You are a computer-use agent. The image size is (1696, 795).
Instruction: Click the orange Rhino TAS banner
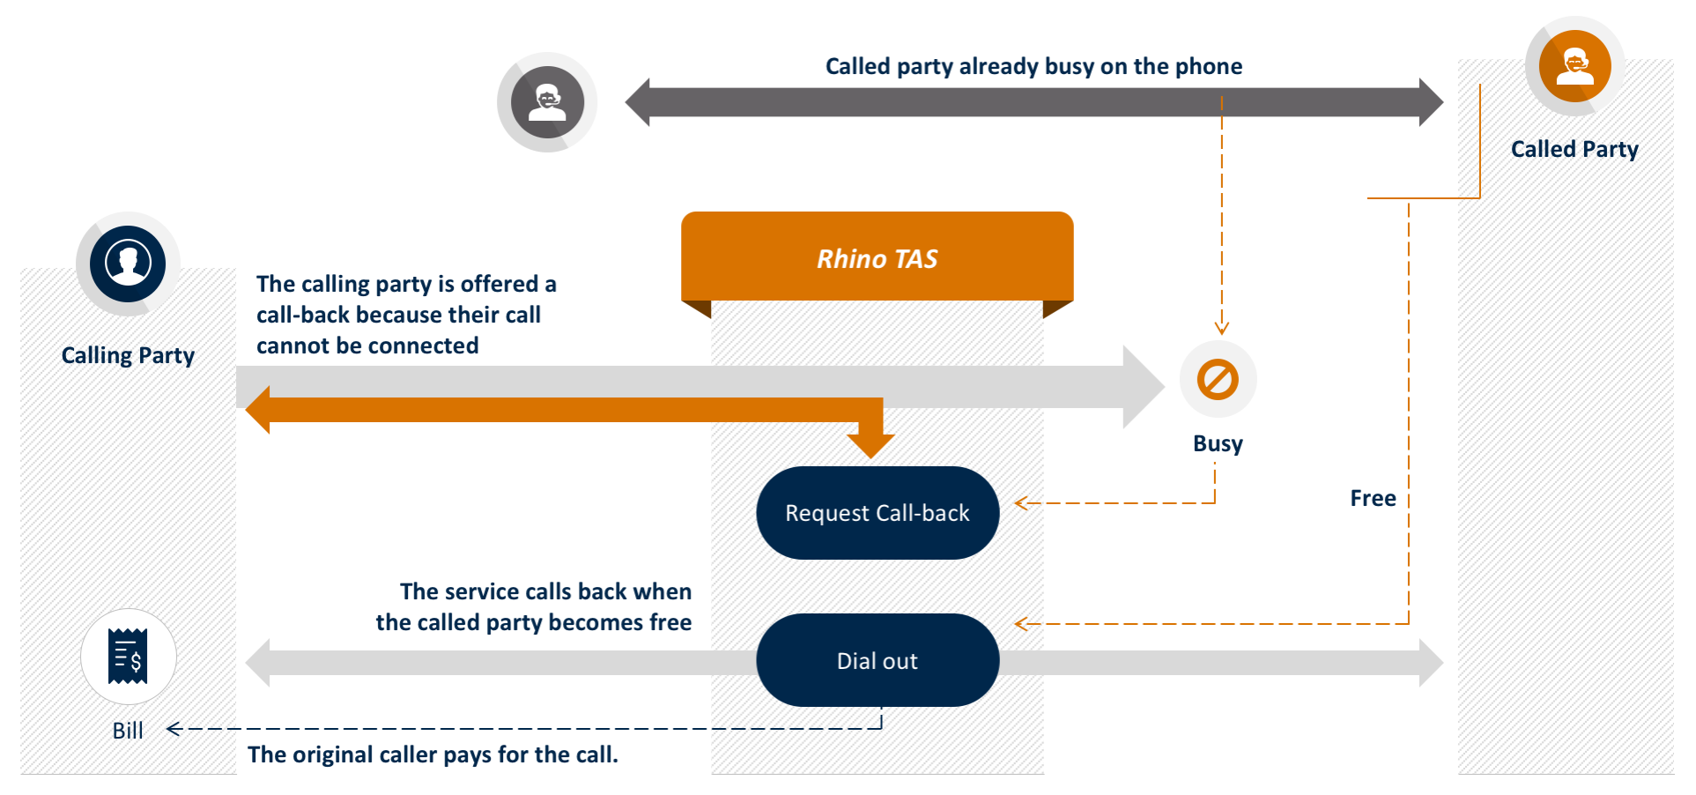coord(877,257)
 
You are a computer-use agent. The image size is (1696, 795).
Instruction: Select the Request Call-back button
coord(878,513)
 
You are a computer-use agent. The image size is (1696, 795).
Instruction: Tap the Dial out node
coord(878,660)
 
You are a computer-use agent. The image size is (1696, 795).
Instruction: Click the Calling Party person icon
coord(129,264)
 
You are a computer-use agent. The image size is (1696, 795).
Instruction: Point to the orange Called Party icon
coord(1574,66)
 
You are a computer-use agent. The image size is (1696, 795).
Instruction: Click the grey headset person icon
coord(547,102)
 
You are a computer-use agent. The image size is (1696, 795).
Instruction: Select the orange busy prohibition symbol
coord(1218,380)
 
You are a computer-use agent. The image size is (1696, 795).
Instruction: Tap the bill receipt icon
coord(129,657)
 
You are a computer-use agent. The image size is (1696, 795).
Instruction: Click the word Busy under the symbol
coord(1218,443)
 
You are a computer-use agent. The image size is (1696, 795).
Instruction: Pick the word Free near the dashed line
coord(1373,499)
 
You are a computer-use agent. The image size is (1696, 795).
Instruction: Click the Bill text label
coord(128,731)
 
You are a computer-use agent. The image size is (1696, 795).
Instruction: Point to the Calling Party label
coord(128,355)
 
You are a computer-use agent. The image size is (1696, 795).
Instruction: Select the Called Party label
coord(1574,149)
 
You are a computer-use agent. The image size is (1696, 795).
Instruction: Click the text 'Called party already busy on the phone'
coord(1033,66)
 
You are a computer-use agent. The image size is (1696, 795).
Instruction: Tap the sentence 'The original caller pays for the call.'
coord(433,754)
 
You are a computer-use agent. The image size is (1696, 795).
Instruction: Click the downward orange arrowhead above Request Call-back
coord(870,444)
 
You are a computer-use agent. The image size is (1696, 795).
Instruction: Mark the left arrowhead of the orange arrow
coord(258,410)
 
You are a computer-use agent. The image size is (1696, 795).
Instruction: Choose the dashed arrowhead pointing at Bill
coord(174,729)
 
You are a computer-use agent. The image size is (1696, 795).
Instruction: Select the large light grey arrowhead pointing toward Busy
coord(1144,387)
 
